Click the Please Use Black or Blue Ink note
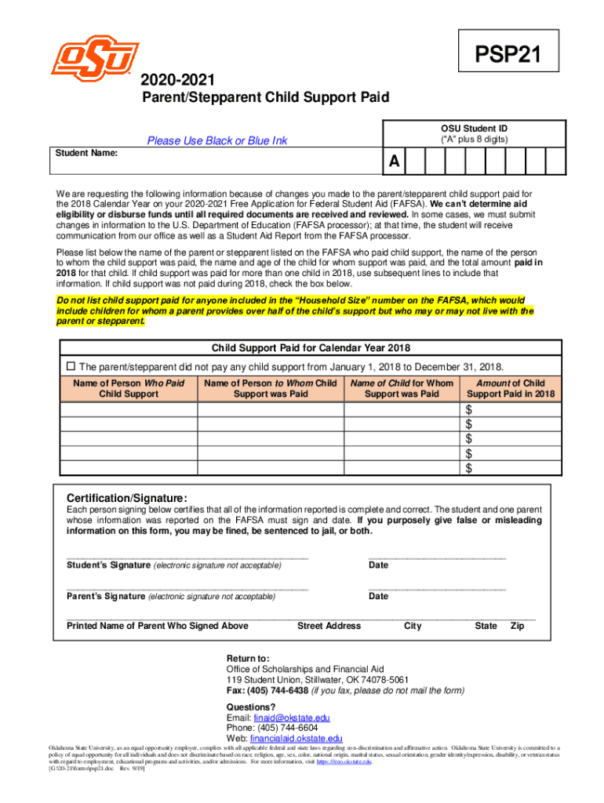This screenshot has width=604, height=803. [217, 140]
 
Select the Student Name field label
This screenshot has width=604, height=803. [86, 154]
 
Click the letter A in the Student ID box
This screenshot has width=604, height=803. [395, 162]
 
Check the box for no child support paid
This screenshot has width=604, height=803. [69, 366]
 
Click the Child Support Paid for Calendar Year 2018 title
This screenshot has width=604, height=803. [311, 348]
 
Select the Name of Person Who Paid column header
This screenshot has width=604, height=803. [129, 388]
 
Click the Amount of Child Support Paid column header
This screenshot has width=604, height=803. [510, 388]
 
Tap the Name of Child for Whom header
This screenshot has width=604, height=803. [402, 388]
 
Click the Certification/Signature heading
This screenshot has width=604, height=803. [126, 499]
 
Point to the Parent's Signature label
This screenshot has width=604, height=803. [107, 596]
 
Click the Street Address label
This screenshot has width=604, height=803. [329, 626]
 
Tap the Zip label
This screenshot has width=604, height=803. [517, 626]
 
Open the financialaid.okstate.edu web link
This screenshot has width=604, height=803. [296, 739]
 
